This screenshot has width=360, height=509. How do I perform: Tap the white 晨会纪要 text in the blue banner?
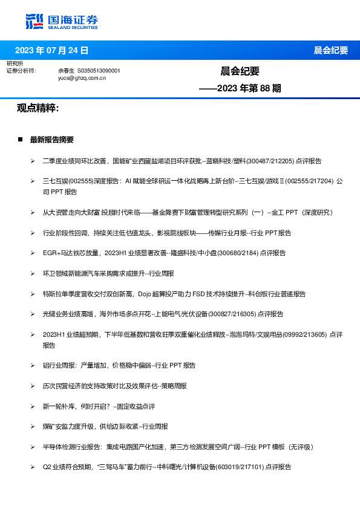click(331, 50)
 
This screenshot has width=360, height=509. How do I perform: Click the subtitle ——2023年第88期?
click(240, 88)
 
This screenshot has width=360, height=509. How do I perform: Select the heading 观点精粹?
click(38, 108)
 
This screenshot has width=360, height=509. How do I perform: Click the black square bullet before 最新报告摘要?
click(20, 140)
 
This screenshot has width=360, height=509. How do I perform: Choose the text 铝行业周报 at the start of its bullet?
click(59, 366)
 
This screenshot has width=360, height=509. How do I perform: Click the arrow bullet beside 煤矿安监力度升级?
click(33, 427)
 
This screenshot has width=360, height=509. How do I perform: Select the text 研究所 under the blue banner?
click(15, 63)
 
